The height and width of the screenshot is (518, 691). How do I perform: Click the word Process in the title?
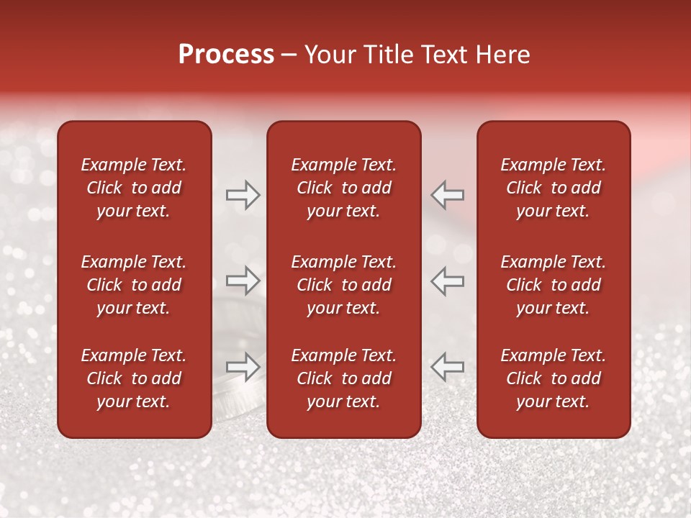[x=226, y=55]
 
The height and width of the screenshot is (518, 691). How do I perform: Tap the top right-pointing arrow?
[x=243, y=194]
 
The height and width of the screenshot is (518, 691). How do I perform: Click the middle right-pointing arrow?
[x=243, y=281]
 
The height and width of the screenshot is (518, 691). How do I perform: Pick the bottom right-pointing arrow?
[x=243, y=366]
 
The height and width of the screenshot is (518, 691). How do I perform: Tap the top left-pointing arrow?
[x=448, y=194]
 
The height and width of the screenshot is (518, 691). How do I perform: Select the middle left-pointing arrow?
[x=448, y=281]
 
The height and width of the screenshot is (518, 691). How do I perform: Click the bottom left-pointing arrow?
[x=448, y=366]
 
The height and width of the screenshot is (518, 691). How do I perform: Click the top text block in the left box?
[x=134, y=188]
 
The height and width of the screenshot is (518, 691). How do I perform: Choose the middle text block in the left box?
[x=134, y=285]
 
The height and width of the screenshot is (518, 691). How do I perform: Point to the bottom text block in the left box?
[x=134, y=378]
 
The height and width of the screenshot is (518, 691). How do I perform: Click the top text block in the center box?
[x=344, y=188]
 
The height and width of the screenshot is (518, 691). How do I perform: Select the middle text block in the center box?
[x=344, y=285]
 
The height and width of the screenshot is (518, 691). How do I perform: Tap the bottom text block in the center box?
[x=344, y=378]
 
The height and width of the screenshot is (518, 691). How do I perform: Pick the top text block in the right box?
[x=554, y=188]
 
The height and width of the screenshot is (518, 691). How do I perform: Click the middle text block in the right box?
[x=554, y=285]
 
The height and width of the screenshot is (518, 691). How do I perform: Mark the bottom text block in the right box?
[x=554, y=378]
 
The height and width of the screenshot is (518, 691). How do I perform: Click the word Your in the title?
[x=328, y=55]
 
